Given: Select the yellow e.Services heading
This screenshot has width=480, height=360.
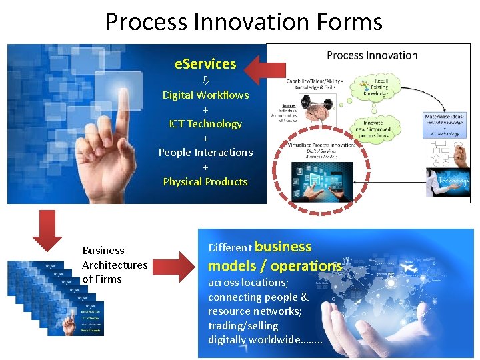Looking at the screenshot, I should (205, 64).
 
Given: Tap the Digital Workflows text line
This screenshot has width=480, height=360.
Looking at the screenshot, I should (205, 95).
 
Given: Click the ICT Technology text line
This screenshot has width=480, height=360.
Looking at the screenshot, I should (205, 123).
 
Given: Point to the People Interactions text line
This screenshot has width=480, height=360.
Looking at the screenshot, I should (205, 152).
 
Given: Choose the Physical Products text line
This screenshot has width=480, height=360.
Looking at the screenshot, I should (205, 181).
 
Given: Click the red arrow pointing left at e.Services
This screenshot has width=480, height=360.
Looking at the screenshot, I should (263, 68).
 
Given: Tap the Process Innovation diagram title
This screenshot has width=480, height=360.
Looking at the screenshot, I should (372, 55).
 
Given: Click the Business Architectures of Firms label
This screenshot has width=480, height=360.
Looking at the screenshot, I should (114, 265).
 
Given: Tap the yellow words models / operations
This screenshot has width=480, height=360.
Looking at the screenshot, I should (275, 266).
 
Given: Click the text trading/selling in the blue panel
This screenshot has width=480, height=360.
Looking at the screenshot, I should (243, 325).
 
